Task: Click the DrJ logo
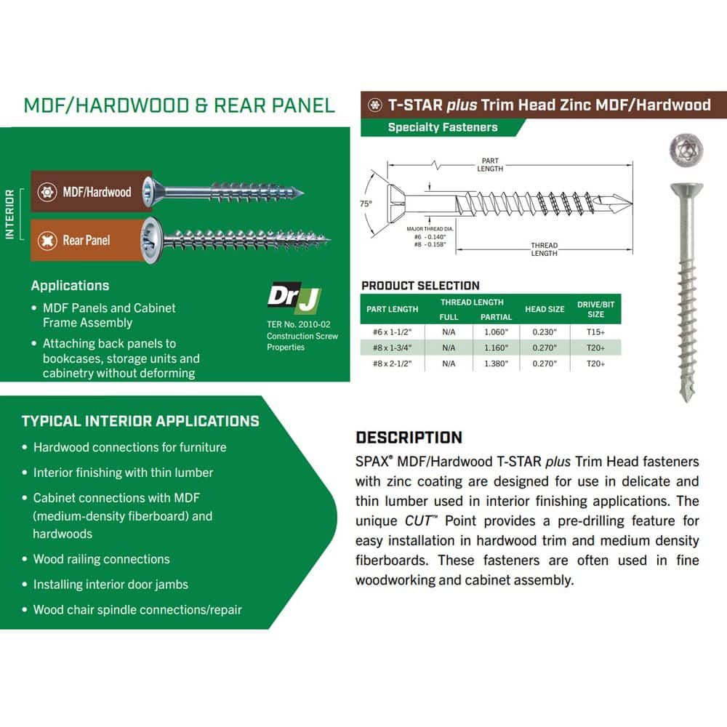tap(294, 297)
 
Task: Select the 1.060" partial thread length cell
tap(496, 332)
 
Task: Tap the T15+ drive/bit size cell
tap(595, 332)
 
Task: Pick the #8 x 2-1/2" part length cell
tap(392, 363)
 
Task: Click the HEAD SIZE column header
tap(545, 309)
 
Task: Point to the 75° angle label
tap(366, 204)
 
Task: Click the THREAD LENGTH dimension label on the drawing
tap(544, 249)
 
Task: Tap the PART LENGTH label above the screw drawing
tap(490, 164)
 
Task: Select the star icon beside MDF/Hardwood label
tap(47, 192)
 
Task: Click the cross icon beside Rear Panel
tap(47, 240)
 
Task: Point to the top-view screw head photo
tap(686, 150)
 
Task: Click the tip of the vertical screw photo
tap(686, 401)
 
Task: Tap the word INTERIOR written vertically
tap(9, 214)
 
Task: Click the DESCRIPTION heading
tap(409, 437)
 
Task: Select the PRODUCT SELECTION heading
tap(420, 286)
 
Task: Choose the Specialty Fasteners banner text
tap(443, 127)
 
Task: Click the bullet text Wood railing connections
tap(102, 559)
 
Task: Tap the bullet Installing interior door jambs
tap(111, 585)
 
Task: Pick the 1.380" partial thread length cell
tap(496, 363)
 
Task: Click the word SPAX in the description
tap(371, 462)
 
